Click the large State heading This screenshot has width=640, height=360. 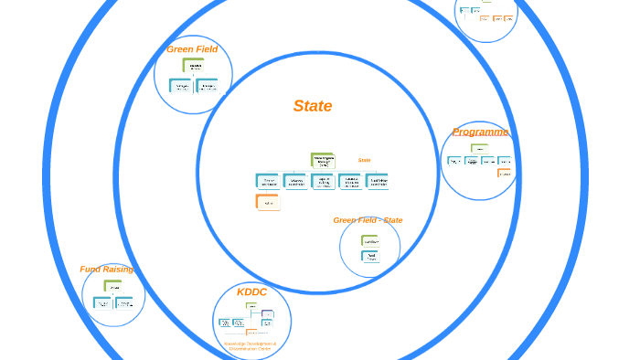pos(313,106)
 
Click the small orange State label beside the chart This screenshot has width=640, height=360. pos(364,160)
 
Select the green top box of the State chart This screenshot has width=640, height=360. pos(323,160)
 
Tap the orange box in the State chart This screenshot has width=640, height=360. pos(268,203)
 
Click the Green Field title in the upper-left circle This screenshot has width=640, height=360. pos(192,49)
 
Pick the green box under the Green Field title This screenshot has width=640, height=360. pos(194,66)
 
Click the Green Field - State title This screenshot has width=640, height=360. pos(368,220)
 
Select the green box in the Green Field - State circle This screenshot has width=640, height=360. pos(370,241)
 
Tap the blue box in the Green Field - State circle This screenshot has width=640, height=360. pos(370,257)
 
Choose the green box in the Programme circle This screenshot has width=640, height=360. pos(480,148)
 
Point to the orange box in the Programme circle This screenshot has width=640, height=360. pos(504,173)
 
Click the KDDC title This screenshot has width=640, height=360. pos(251,291)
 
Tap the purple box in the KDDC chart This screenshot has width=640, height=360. pos(267,315)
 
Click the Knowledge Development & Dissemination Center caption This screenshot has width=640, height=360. pos(250,346)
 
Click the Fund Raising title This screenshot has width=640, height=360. pos(106,270)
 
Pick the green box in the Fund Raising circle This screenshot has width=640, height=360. pos(113,287)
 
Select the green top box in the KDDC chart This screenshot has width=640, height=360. pos(251,306)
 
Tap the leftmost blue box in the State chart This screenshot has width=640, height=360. pos(268,181)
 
